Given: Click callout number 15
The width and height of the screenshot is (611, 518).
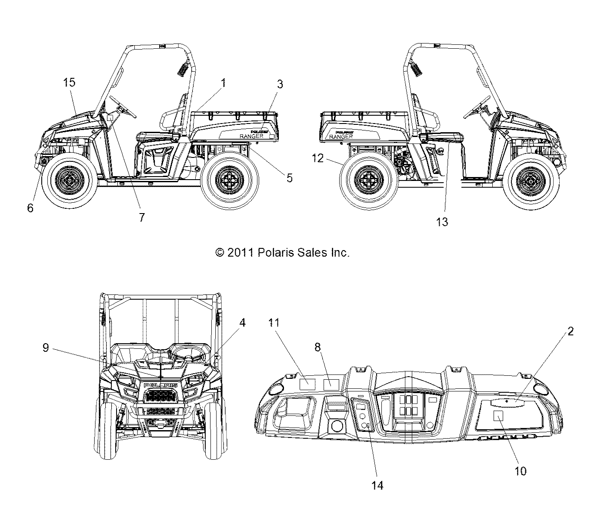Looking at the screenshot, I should click(70, 82).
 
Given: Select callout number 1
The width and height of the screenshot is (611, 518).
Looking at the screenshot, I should click(224, 82).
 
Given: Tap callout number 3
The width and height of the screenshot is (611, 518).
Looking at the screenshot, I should click(280, 84).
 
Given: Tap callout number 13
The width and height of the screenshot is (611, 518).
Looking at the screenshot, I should click(442, 222).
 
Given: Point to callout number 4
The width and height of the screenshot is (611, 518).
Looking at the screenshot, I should click(242, 323).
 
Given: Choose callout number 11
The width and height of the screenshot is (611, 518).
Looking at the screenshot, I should click(286, 323).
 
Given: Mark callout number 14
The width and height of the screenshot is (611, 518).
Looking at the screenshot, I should click(378, 485).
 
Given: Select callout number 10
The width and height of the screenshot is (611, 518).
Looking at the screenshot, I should click(521, 471).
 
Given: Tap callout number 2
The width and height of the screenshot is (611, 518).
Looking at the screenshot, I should click(571, 331).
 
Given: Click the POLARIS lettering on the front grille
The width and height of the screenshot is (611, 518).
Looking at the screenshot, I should click(160, 385).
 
